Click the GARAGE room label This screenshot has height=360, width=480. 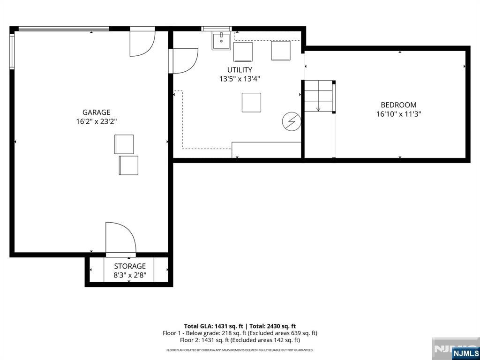(96, 112)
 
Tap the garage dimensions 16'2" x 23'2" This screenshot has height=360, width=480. (97, 121)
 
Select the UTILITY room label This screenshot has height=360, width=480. (240, 70)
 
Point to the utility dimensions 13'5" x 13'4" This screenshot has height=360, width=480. (240, 79)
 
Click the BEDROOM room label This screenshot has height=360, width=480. (398, 105)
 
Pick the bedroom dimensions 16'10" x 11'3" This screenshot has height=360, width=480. (398, 114)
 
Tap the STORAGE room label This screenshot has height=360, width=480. (130, 266)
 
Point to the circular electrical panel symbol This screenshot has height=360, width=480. (292, 121)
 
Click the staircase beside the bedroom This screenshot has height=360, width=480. (318, 96)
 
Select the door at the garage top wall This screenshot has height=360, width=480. (142, 42)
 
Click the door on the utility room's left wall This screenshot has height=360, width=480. (183, 61)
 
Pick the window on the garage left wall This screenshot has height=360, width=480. (12, 52)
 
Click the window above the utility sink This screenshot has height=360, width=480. (217, 29)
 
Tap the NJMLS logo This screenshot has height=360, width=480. (465, 352)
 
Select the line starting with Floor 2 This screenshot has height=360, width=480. (240, 340)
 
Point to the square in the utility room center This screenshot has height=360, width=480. (251, 103)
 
